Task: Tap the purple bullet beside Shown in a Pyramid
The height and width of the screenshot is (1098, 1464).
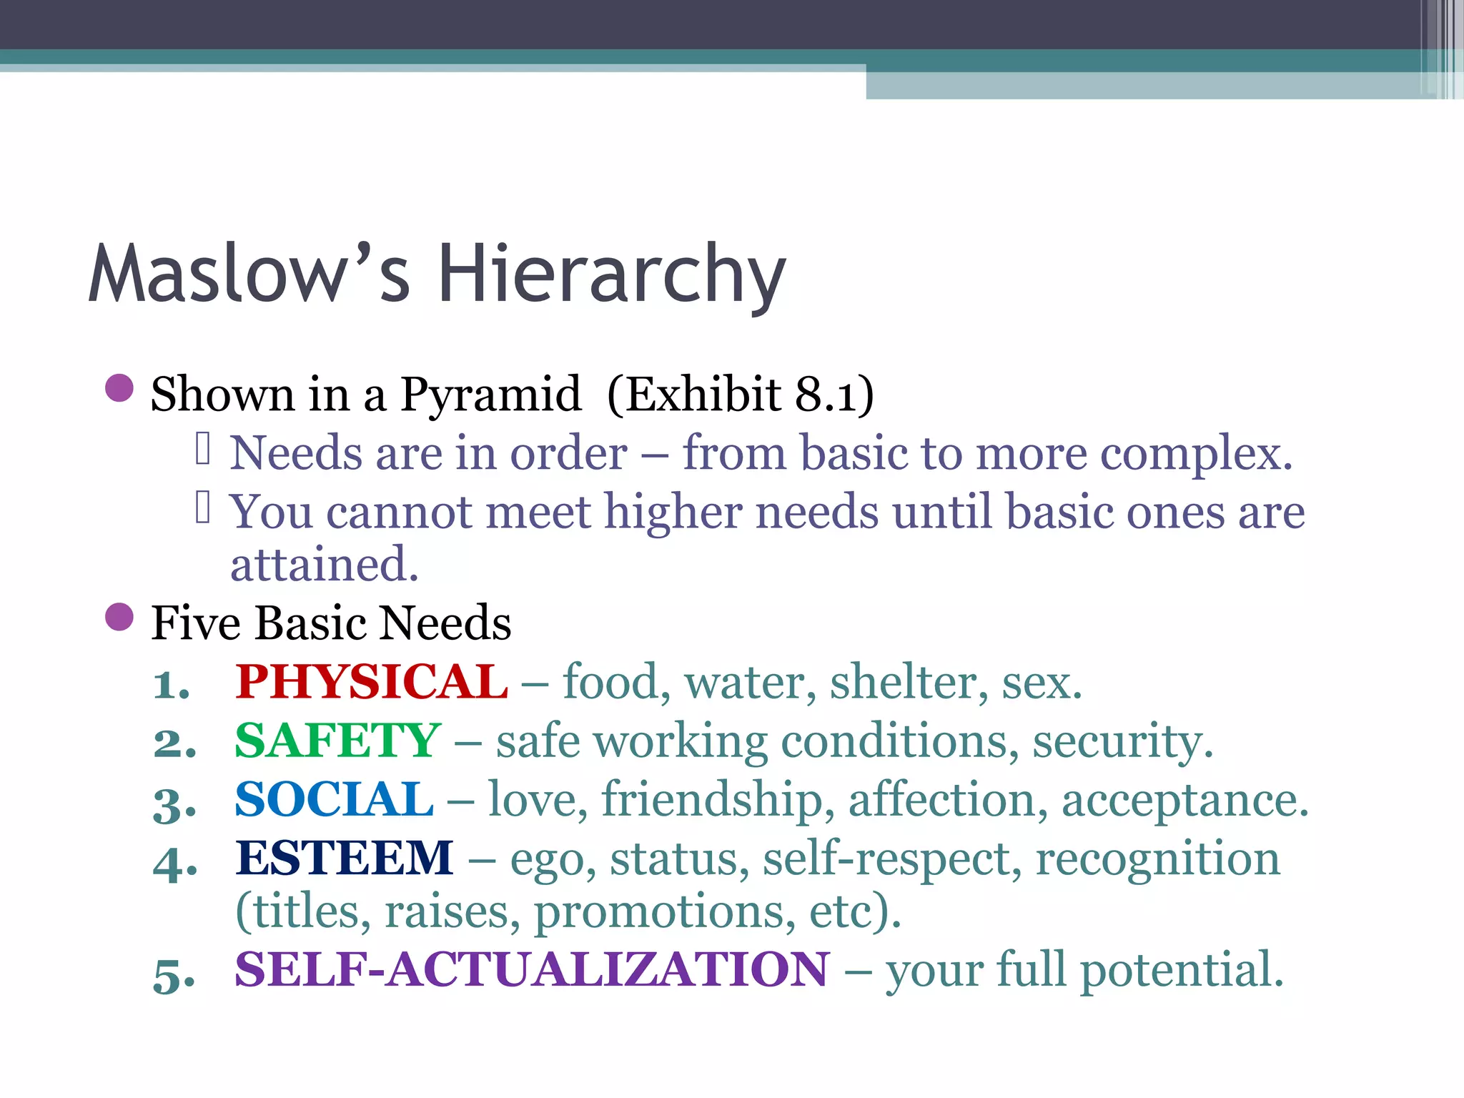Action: point(119,389)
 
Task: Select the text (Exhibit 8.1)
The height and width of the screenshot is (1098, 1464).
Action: point(741,394)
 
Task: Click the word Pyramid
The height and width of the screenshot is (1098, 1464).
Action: point(490,394)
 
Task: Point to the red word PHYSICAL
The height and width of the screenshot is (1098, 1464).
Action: point(372,681)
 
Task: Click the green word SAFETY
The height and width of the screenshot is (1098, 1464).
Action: point(337,741)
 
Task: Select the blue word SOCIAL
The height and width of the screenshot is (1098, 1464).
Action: point(334,799)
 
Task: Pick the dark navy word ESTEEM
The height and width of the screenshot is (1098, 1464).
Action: point(345,858)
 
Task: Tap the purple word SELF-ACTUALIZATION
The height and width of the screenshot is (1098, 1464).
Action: point(532,970)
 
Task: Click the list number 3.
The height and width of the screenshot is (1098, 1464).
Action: point(174,805)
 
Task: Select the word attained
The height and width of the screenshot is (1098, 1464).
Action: point(324,565)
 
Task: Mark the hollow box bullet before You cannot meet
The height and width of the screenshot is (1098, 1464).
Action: point(203,508)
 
